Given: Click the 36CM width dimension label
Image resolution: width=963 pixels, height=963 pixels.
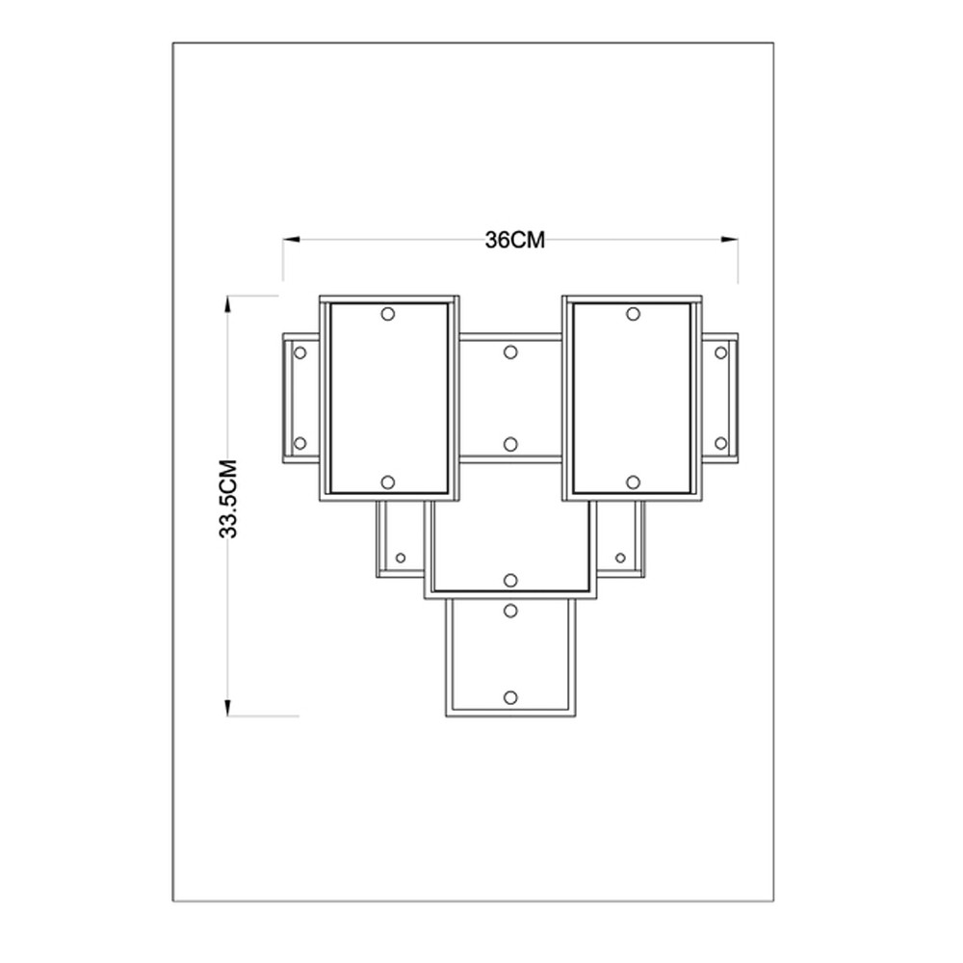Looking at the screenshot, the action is (514, 240).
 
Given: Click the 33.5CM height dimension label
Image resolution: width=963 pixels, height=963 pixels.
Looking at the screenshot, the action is (228, 499).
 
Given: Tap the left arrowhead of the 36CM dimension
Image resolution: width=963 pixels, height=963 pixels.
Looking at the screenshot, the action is (291, 240).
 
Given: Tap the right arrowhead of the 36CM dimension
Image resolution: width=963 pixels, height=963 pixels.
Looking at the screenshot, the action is (730, 240).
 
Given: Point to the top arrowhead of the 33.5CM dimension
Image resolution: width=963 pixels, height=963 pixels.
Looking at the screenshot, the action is (228, 304).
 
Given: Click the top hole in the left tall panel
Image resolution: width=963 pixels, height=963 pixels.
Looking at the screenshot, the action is (387, 314).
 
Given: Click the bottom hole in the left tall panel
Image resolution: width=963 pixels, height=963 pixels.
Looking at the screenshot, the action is (387, 482).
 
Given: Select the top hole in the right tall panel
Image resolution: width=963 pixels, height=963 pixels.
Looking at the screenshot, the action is (634, 314).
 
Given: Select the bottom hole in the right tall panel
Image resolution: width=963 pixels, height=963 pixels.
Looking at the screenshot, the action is (634, 482).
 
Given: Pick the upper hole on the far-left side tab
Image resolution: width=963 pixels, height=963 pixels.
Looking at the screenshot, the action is (300, 353).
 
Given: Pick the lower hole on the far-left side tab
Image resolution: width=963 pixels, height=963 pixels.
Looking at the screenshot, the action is (300, 443).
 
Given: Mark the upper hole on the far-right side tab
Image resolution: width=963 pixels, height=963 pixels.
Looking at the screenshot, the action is (721, 353).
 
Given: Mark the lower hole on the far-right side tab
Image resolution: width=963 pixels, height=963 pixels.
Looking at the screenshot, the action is (721, 443).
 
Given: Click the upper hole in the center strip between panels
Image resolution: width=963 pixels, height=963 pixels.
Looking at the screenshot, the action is (510, 351).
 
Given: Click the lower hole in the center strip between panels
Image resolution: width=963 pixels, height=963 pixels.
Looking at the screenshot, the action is (510, 443).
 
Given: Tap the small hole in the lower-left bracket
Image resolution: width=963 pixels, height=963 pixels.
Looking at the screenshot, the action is (401, 558).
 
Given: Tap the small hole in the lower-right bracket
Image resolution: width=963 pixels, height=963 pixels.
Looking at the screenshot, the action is (620, 558).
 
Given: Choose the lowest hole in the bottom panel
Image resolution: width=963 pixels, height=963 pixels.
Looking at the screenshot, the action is (510, 697).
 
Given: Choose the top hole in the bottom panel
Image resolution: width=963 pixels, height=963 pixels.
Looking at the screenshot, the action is (510, 611).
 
